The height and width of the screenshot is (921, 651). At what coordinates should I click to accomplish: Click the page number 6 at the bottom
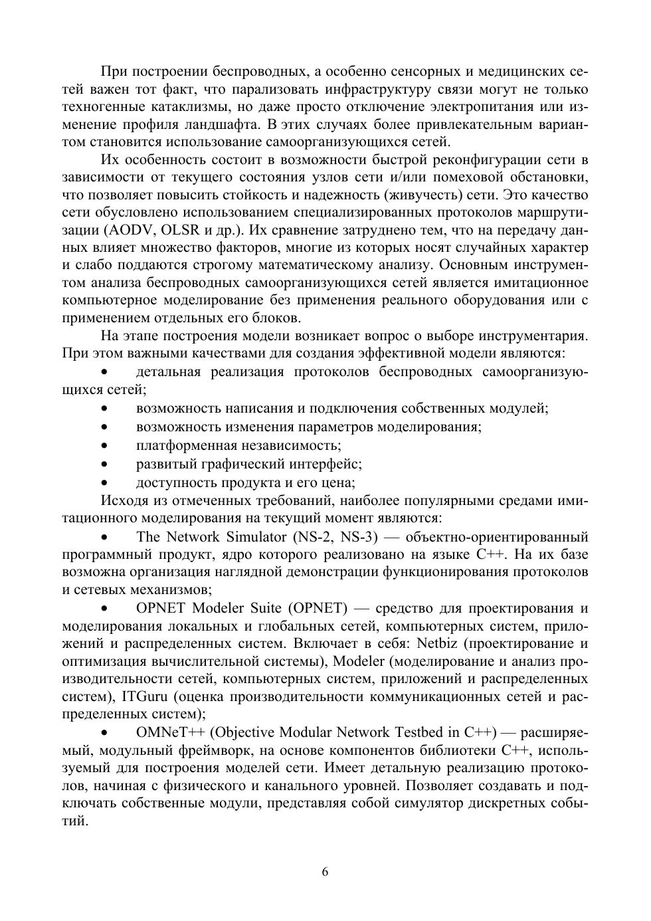tap(325, 872)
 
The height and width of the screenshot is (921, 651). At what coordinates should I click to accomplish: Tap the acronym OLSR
tap(190, 230)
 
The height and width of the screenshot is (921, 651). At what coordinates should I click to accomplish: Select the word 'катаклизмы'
tap(171, 106)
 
